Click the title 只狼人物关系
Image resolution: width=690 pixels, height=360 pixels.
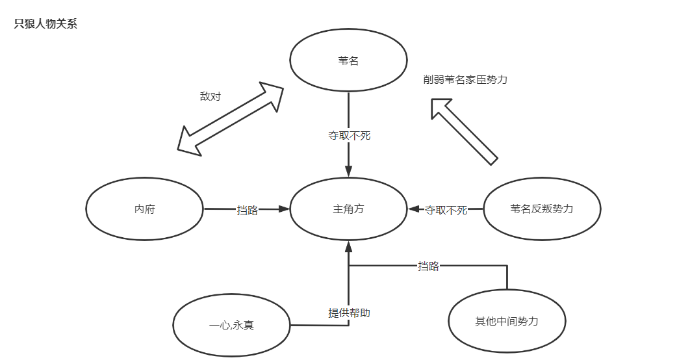(x=46, y=25)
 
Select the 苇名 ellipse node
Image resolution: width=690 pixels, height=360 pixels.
(x=348, y=61)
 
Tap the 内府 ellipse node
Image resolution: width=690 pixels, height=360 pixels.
(x=144, y=209)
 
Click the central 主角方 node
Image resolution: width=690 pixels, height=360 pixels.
(x=348, y=209)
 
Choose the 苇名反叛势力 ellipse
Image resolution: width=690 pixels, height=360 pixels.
(x=542, y=209)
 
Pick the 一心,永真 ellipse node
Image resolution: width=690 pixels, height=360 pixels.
(x=231, y=324)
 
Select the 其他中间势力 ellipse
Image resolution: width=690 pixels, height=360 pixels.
(x=507, y=322)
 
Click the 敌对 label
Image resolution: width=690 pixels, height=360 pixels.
(x=210, y=96)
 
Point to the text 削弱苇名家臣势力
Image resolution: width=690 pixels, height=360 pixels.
(x=465, y=79)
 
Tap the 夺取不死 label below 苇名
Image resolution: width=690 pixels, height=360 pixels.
(x=349, y=136)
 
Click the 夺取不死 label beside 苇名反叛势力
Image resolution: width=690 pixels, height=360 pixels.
(x=446, y=210)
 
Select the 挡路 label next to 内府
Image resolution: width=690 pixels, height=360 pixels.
(x=248, y=210)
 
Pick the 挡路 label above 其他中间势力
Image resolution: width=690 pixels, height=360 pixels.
(x=428, y=266)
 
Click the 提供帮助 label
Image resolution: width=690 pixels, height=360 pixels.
(x=349, y=313)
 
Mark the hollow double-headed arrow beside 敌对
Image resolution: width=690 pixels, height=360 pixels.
(x=231, y=118)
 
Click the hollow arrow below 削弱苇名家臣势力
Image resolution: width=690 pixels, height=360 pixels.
(x=464, y=130)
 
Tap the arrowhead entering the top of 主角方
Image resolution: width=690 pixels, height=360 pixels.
(x=349, y=172)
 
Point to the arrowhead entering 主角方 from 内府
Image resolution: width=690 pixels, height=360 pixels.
(x=283, y=209)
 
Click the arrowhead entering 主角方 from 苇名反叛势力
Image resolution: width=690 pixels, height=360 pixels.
(x=414, y=209)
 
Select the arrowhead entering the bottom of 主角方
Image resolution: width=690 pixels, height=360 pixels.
(x=349, y=247)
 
